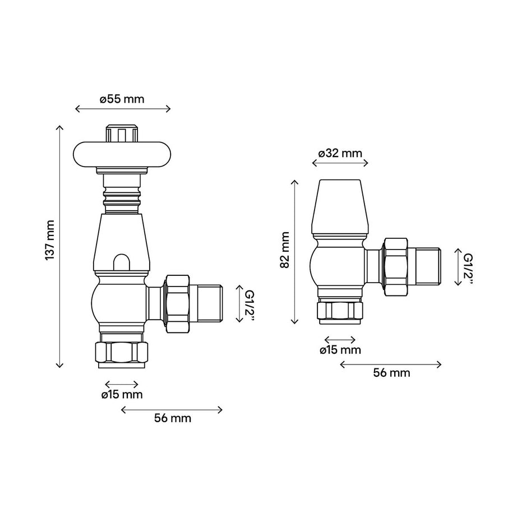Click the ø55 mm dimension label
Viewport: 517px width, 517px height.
click(122, 99)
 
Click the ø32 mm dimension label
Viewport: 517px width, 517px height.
click(340, 153)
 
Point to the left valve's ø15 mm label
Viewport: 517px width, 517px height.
click(122, 395)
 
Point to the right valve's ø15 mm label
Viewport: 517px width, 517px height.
click(340, 350)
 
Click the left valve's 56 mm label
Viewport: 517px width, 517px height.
click(172, 418)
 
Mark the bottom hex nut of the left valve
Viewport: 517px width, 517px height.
click(122, 352)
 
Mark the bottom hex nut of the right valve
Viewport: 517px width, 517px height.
click(340, 310)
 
